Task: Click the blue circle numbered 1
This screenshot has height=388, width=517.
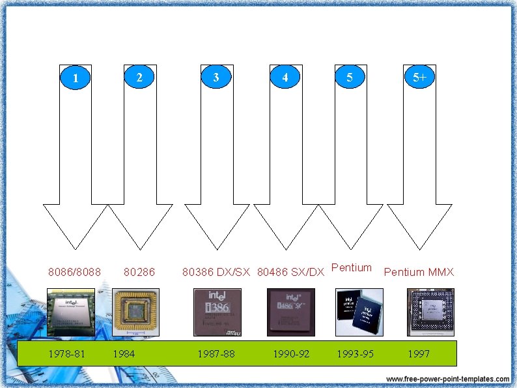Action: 76,78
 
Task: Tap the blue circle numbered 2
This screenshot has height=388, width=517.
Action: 139,77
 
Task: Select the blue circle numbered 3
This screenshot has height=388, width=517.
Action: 216,77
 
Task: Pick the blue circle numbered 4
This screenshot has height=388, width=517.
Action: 285,77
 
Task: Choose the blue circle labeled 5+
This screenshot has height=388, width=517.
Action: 419,77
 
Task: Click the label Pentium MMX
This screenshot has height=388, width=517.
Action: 419,272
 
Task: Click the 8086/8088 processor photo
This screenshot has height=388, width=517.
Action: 71,312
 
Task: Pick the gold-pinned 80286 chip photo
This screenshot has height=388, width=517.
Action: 135,312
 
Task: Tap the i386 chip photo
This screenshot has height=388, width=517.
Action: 217,312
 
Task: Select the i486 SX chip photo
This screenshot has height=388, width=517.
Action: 291,312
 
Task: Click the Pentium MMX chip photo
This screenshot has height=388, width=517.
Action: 430,312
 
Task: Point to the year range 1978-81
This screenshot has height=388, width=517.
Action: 67,354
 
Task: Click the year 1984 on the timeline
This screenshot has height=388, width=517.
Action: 124,354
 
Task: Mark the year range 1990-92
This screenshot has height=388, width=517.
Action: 291,354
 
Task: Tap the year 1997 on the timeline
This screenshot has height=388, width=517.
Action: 419,354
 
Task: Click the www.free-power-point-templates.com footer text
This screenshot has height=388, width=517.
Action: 447,379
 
